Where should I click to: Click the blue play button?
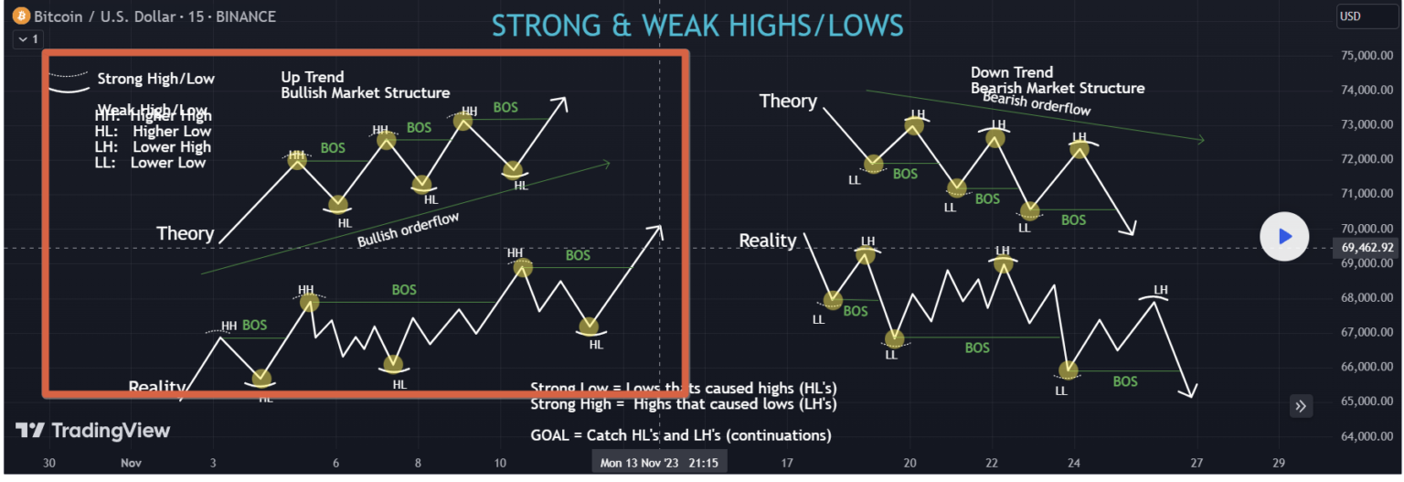click(x=1284, y=236)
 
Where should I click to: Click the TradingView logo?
click(x=92, y=431)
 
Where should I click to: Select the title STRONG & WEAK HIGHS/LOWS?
click(x=697, y=25)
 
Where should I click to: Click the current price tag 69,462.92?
click(x=1367, y=247)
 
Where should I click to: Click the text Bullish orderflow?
click(x=408, y=229)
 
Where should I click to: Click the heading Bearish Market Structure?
click(x=1058, y=88)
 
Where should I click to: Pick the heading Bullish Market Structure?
click(x=365, y=92)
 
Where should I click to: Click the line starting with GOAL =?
click(x=680, y=435)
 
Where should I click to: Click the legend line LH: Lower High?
click(x=153, y=147)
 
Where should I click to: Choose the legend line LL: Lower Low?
click(x=150, y=163)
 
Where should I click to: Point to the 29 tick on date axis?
click(x=1278, y=463)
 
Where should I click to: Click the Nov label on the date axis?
click(x=131, y=463)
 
